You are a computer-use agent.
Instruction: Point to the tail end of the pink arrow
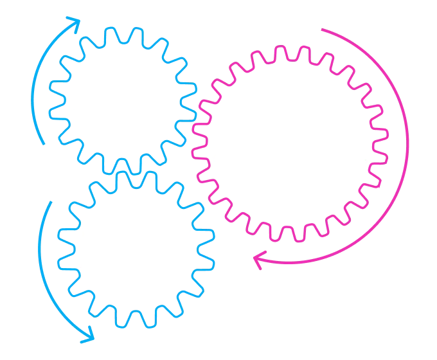[321, 29]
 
